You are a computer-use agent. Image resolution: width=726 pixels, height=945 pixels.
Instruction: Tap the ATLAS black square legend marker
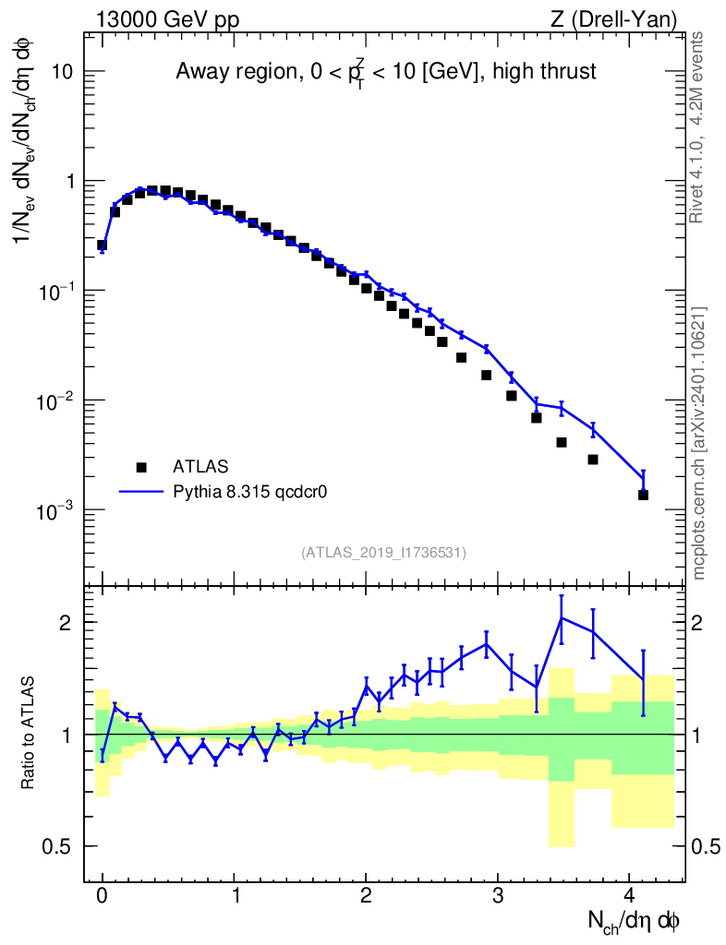tap(141, 467)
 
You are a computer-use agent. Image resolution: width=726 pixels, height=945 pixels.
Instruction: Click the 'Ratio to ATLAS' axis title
tap(30, 734)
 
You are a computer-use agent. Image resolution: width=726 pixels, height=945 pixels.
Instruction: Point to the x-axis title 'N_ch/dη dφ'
tap(634, 921)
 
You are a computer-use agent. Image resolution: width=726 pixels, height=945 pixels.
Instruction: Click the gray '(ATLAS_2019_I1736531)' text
tap(383, 553)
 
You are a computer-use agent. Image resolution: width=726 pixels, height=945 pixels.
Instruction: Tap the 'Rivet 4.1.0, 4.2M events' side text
tap(698, 126)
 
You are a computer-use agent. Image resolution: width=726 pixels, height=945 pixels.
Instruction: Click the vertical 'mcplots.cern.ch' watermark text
tap(698, 443)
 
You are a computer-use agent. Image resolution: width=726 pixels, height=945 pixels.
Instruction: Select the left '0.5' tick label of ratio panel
tap(63, 846)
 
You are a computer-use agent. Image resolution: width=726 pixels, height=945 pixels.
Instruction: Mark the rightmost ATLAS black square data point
tap(643, 495)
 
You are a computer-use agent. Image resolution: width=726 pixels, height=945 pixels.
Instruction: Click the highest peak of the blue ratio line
tap(561, 617)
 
